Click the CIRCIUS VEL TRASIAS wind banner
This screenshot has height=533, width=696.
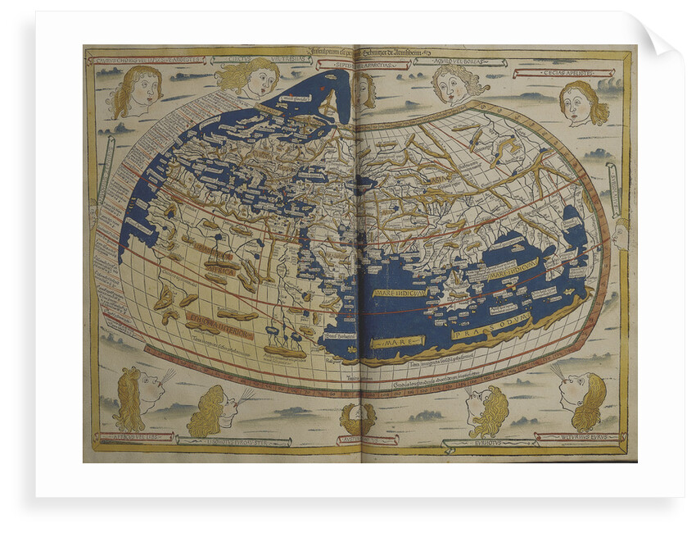tap(241, 59)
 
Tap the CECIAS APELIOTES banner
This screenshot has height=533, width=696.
tap(578, 73)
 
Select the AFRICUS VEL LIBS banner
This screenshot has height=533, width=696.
tap(134, 436)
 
